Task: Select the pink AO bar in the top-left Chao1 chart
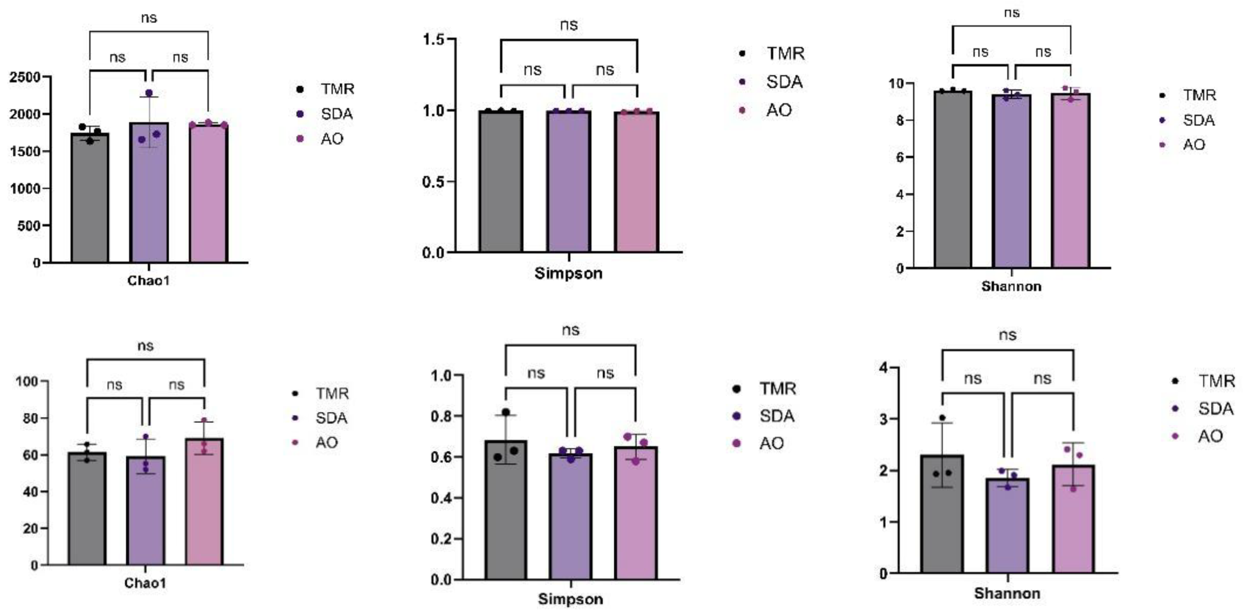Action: pos(208,193)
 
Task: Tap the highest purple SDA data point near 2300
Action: pos(149,93)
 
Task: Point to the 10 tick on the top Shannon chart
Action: pos(895,84)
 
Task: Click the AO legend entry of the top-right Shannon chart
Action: pos(1194,144)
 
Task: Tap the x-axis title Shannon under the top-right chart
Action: pos(1011,286)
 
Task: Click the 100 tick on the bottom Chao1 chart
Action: pos(27,382)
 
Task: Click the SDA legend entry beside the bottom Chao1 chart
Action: pos(331,418)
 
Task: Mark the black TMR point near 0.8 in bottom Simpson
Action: pos(506,412)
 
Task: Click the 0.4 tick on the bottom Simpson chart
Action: pos(442,498)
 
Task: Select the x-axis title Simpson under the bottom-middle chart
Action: pos(570,599)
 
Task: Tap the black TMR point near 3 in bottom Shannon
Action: pos(942,418)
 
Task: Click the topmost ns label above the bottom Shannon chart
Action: pos(1007,335)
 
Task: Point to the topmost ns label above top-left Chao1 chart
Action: pos(149,18)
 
